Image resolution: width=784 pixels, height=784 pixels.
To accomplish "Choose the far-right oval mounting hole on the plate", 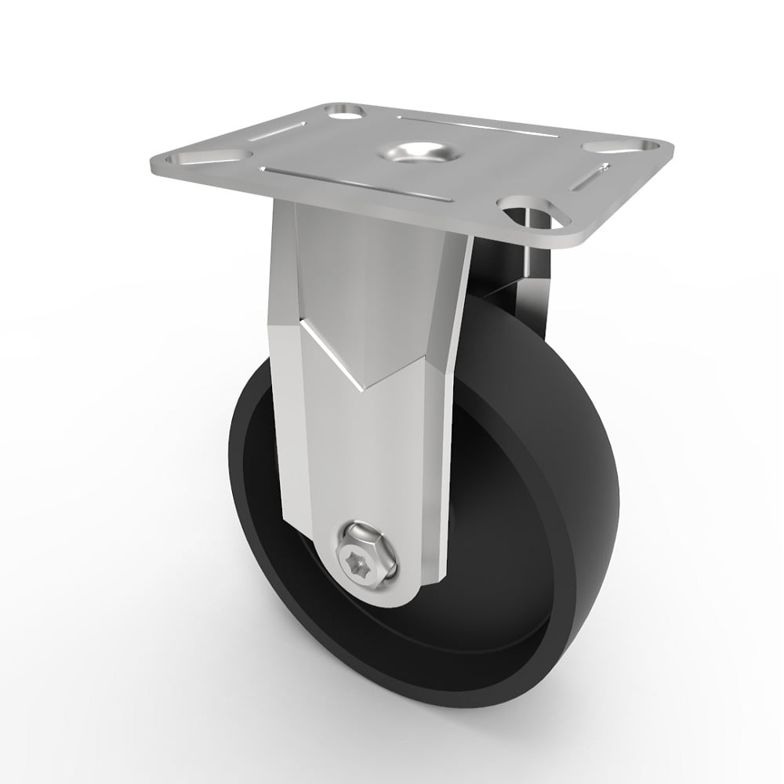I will click(621, 146).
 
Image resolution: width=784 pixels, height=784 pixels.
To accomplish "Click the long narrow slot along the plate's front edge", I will click(357, 185).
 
